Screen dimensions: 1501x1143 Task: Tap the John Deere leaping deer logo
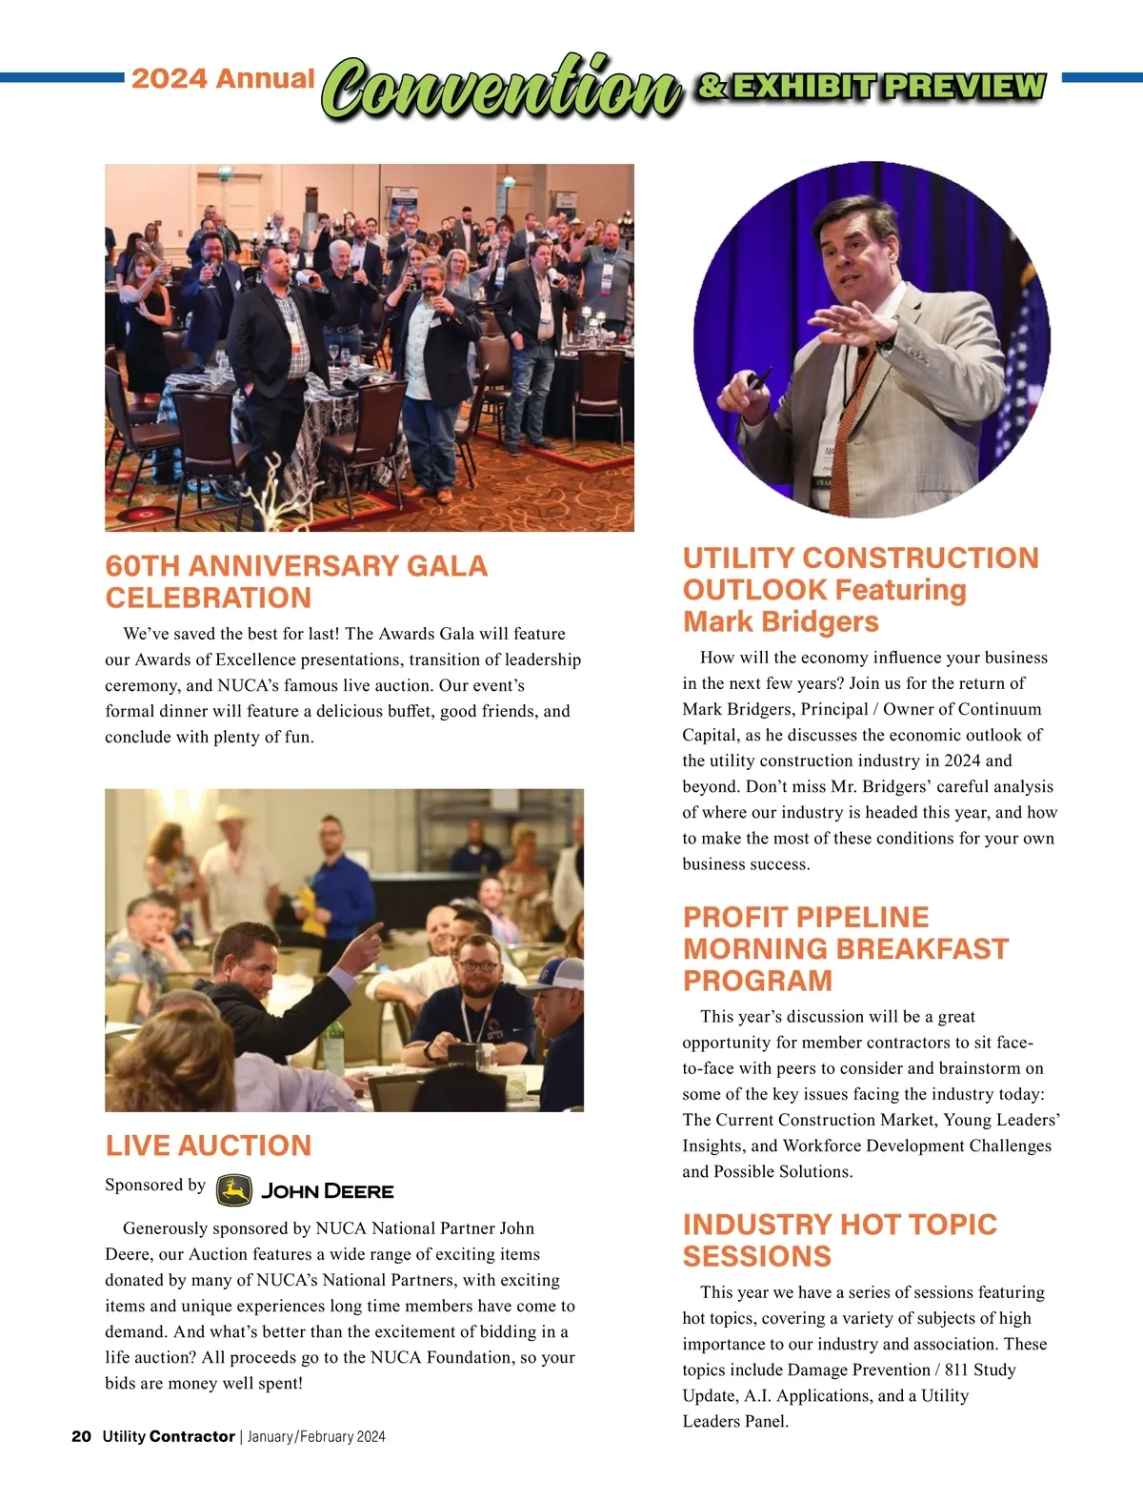point(233,1189)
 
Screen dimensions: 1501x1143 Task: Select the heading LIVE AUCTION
point(209,1145)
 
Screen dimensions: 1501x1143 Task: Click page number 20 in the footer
point(81,1436)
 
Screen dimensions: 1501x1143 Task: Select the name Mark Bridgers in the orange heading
point(780,621)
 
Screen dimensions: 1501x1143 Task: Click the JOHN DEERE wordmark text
point(327,1191)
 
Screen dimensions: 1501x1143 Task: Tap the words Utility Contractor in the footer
point(168,1436)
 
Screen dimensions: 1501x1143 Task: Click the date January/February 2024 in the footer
point(316,1436)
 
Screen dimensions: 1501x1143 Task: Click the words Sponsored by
point(155,1185)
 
